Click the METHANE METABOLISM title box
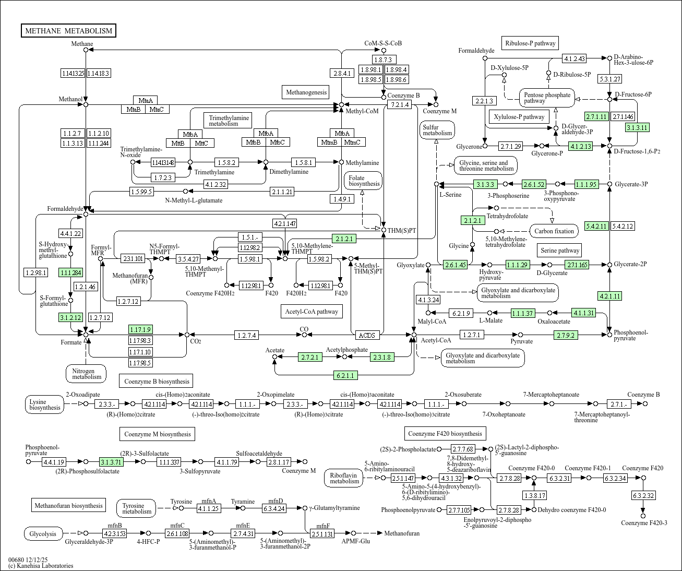68,31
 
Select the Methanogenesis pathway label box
306,92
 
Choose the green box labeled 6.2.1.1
345,375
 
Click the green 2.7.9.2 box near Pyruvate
566,335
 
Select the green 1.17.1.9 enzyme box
140,329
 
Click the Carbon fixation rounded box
554,231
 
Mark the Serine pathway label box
560,251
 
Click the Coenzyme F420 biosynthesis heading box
445,434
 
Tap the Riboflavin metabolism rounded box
344,478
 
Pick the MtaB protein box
133,109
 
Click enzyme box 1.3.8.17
534,495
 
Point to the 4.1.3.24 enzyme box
428,300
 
